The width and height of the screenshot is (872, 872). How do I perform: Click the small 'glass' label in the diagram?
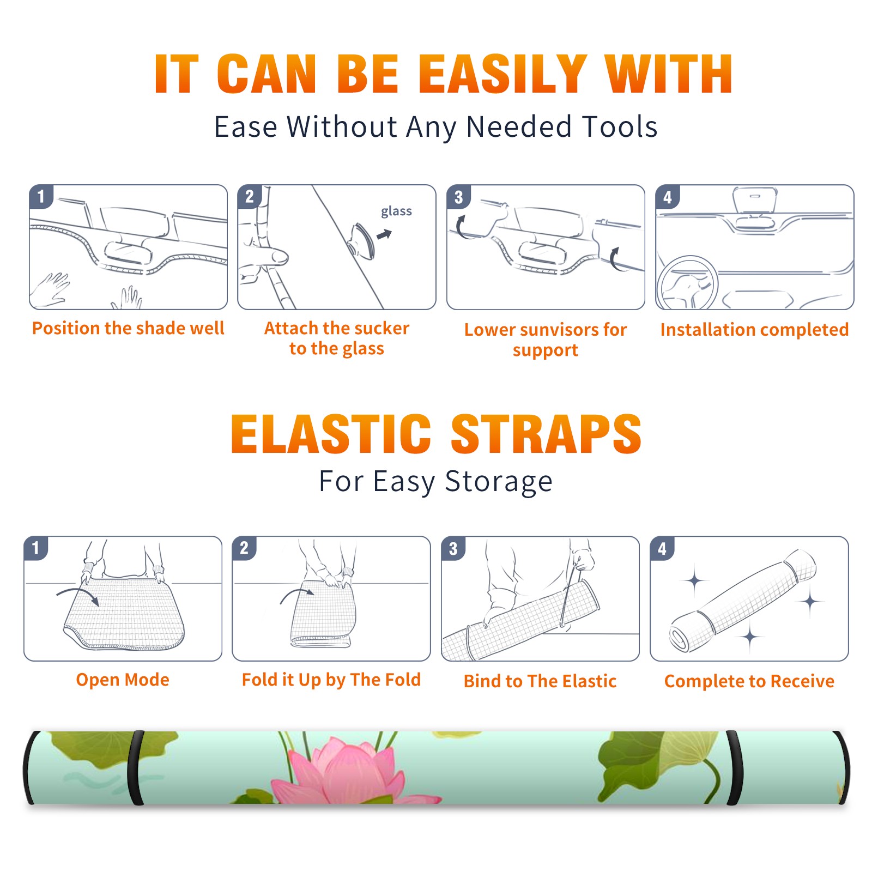tap(396, 211)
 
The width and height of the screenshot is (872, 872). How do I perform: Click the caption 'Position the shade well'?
tap(128, 328)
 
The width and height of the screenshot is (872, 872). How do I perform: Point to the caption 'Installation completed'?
tap(754, 330)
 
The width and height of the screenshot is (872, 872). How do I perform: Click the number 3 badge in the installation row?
tap(458, 197)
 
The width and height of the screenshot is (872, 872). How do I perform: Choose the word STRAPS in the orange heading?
tap(546, 434)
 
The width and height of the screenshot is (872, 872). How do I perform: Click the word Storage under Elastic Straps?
tap(499, 482)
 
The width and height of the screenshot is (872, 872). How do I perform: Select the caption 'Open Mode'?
tap(123, 680)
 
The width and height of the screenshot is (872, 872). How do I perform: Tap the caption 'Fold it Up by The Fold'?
tap(331, 680)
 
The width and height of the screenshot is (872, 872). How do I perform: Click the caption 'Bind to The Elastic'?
tap(540, 681)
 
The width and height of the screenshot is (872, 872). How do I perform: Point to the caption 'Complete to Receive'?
tap(749, 681)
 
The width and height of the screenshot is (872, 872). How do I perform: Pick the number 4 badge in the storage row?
tap(662, 548)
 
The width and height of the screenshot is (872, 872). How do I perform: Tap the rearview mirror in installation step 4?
tap(754, 201)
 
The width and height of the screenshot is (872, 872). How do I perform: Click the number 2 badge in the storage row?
tap(244, 548)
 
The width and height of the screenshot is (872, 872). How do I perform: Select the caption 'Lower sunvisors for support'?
tap(546, 340)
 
